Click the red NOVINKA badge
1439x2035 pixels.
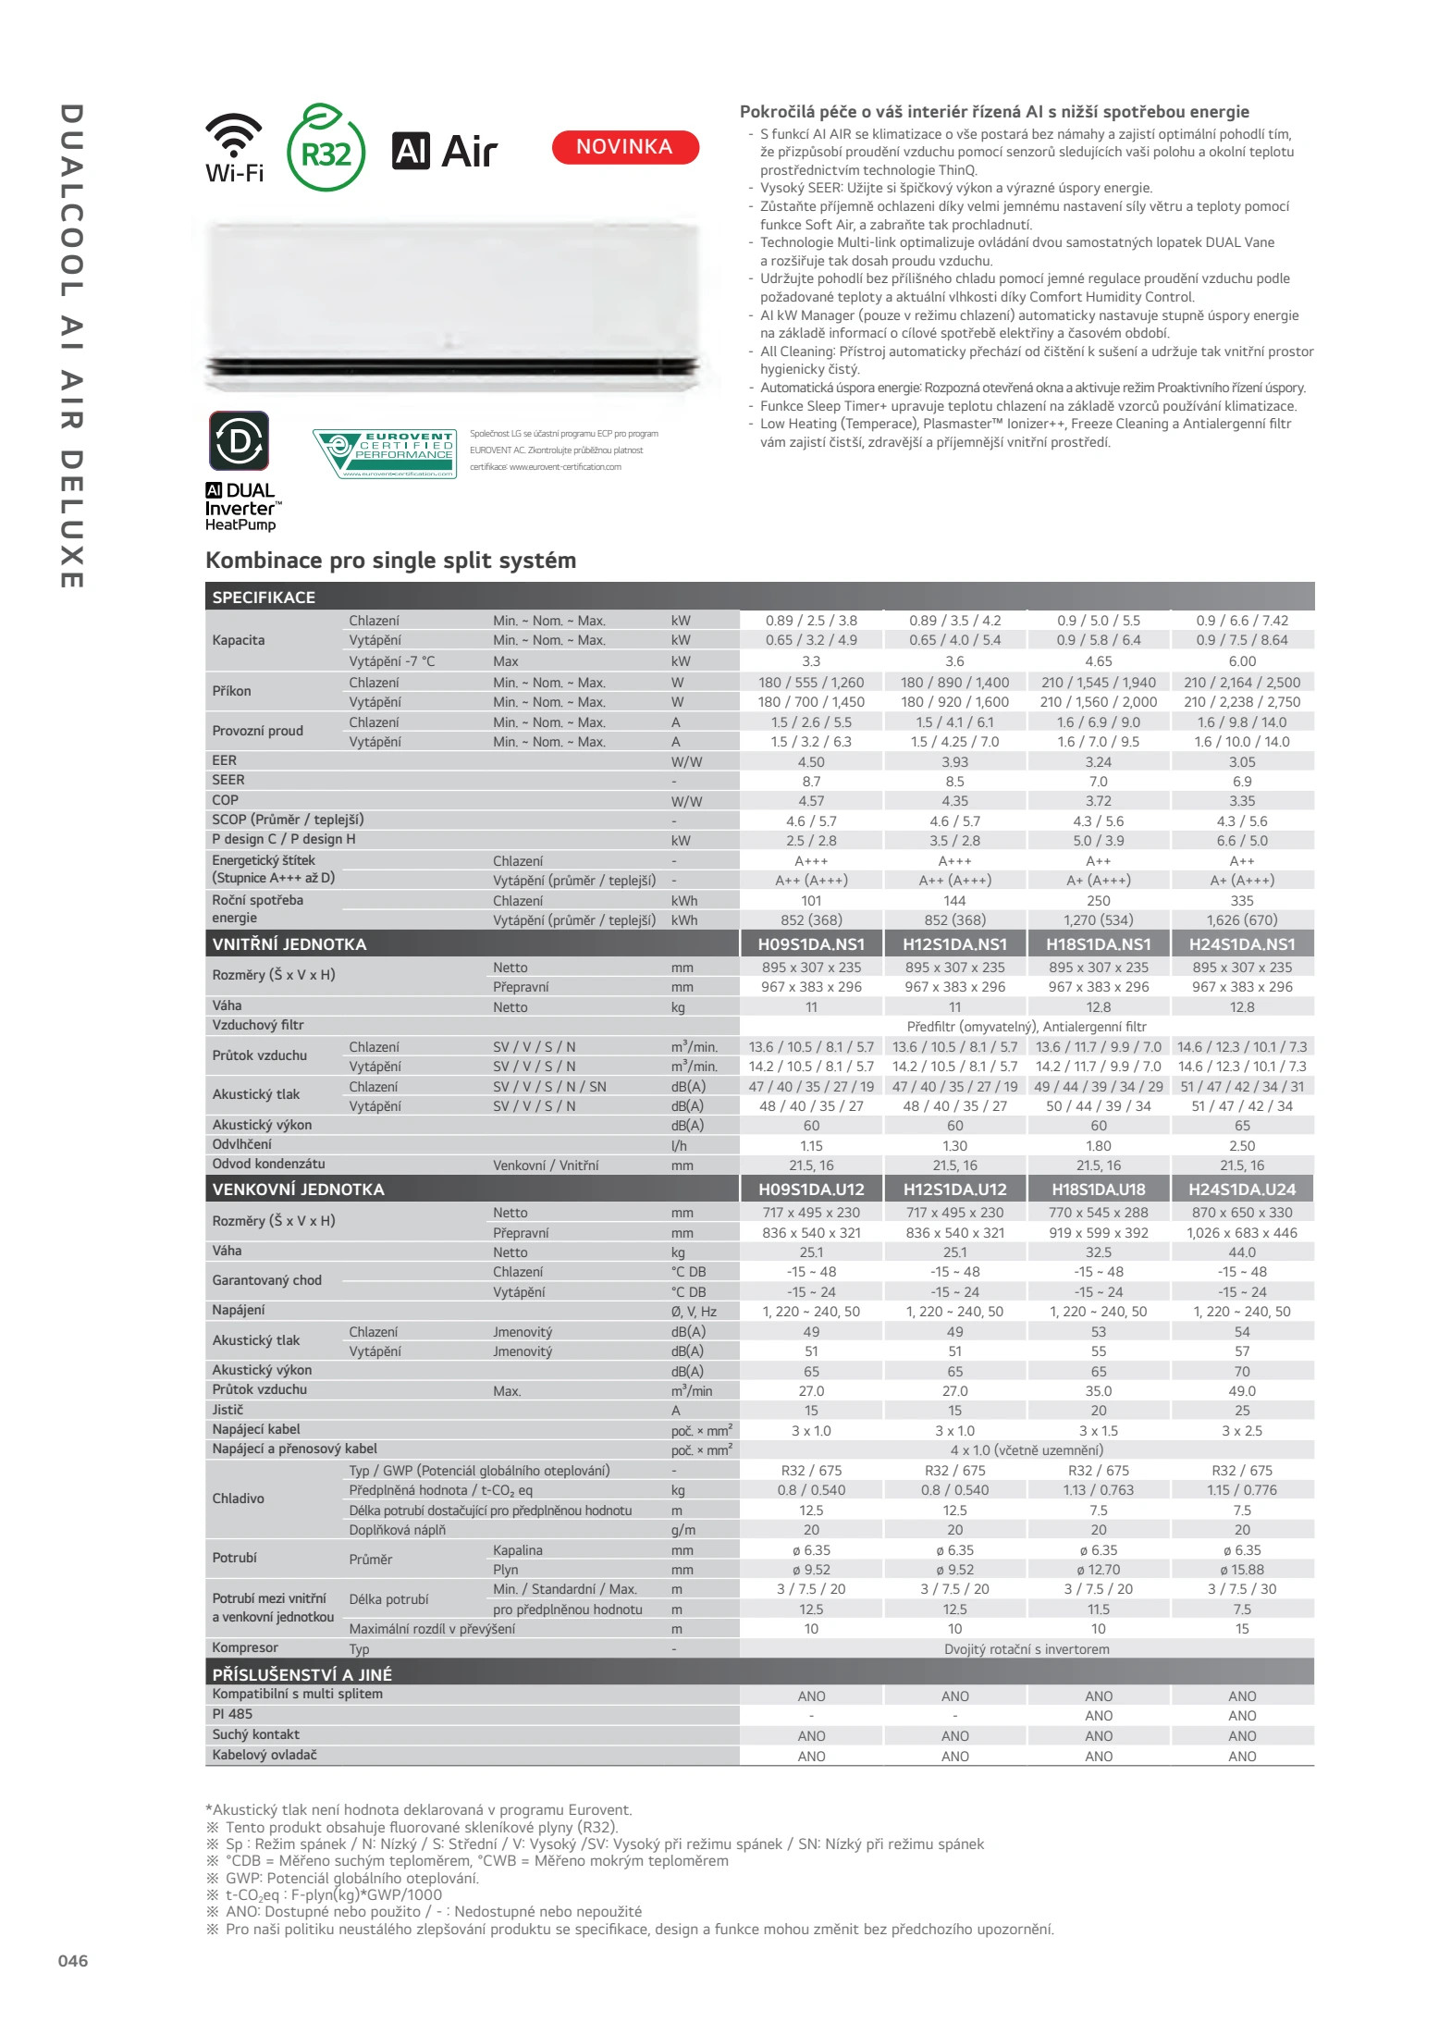625,147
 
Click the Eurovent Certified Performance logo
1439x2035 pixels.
385,452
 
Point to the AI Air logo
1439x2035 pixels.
445,151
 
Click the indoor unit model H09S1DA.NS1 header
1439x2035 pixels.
811,944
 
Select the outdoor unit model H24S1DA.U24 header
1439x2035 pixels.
1242,1190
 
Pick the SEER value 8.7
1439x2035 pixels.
811,782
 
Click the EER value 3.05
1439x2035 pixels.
1242,762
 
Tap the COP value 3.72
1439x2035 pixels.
1099,801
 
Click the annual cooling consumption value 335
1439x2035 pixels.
1242,901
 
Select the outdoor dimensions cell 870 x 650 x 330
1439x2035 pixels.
1242,1213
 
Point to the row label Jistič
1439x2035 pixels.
228,1410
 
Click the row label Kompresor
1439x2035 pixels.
245,1647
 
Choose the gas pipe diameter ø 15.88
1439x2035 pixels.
1242,1570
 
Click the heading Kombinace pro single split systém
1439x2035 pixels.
390,561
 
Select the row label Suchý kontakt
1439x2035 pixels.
256,1734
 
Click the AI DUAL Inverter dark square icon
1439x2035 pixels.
240,441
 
